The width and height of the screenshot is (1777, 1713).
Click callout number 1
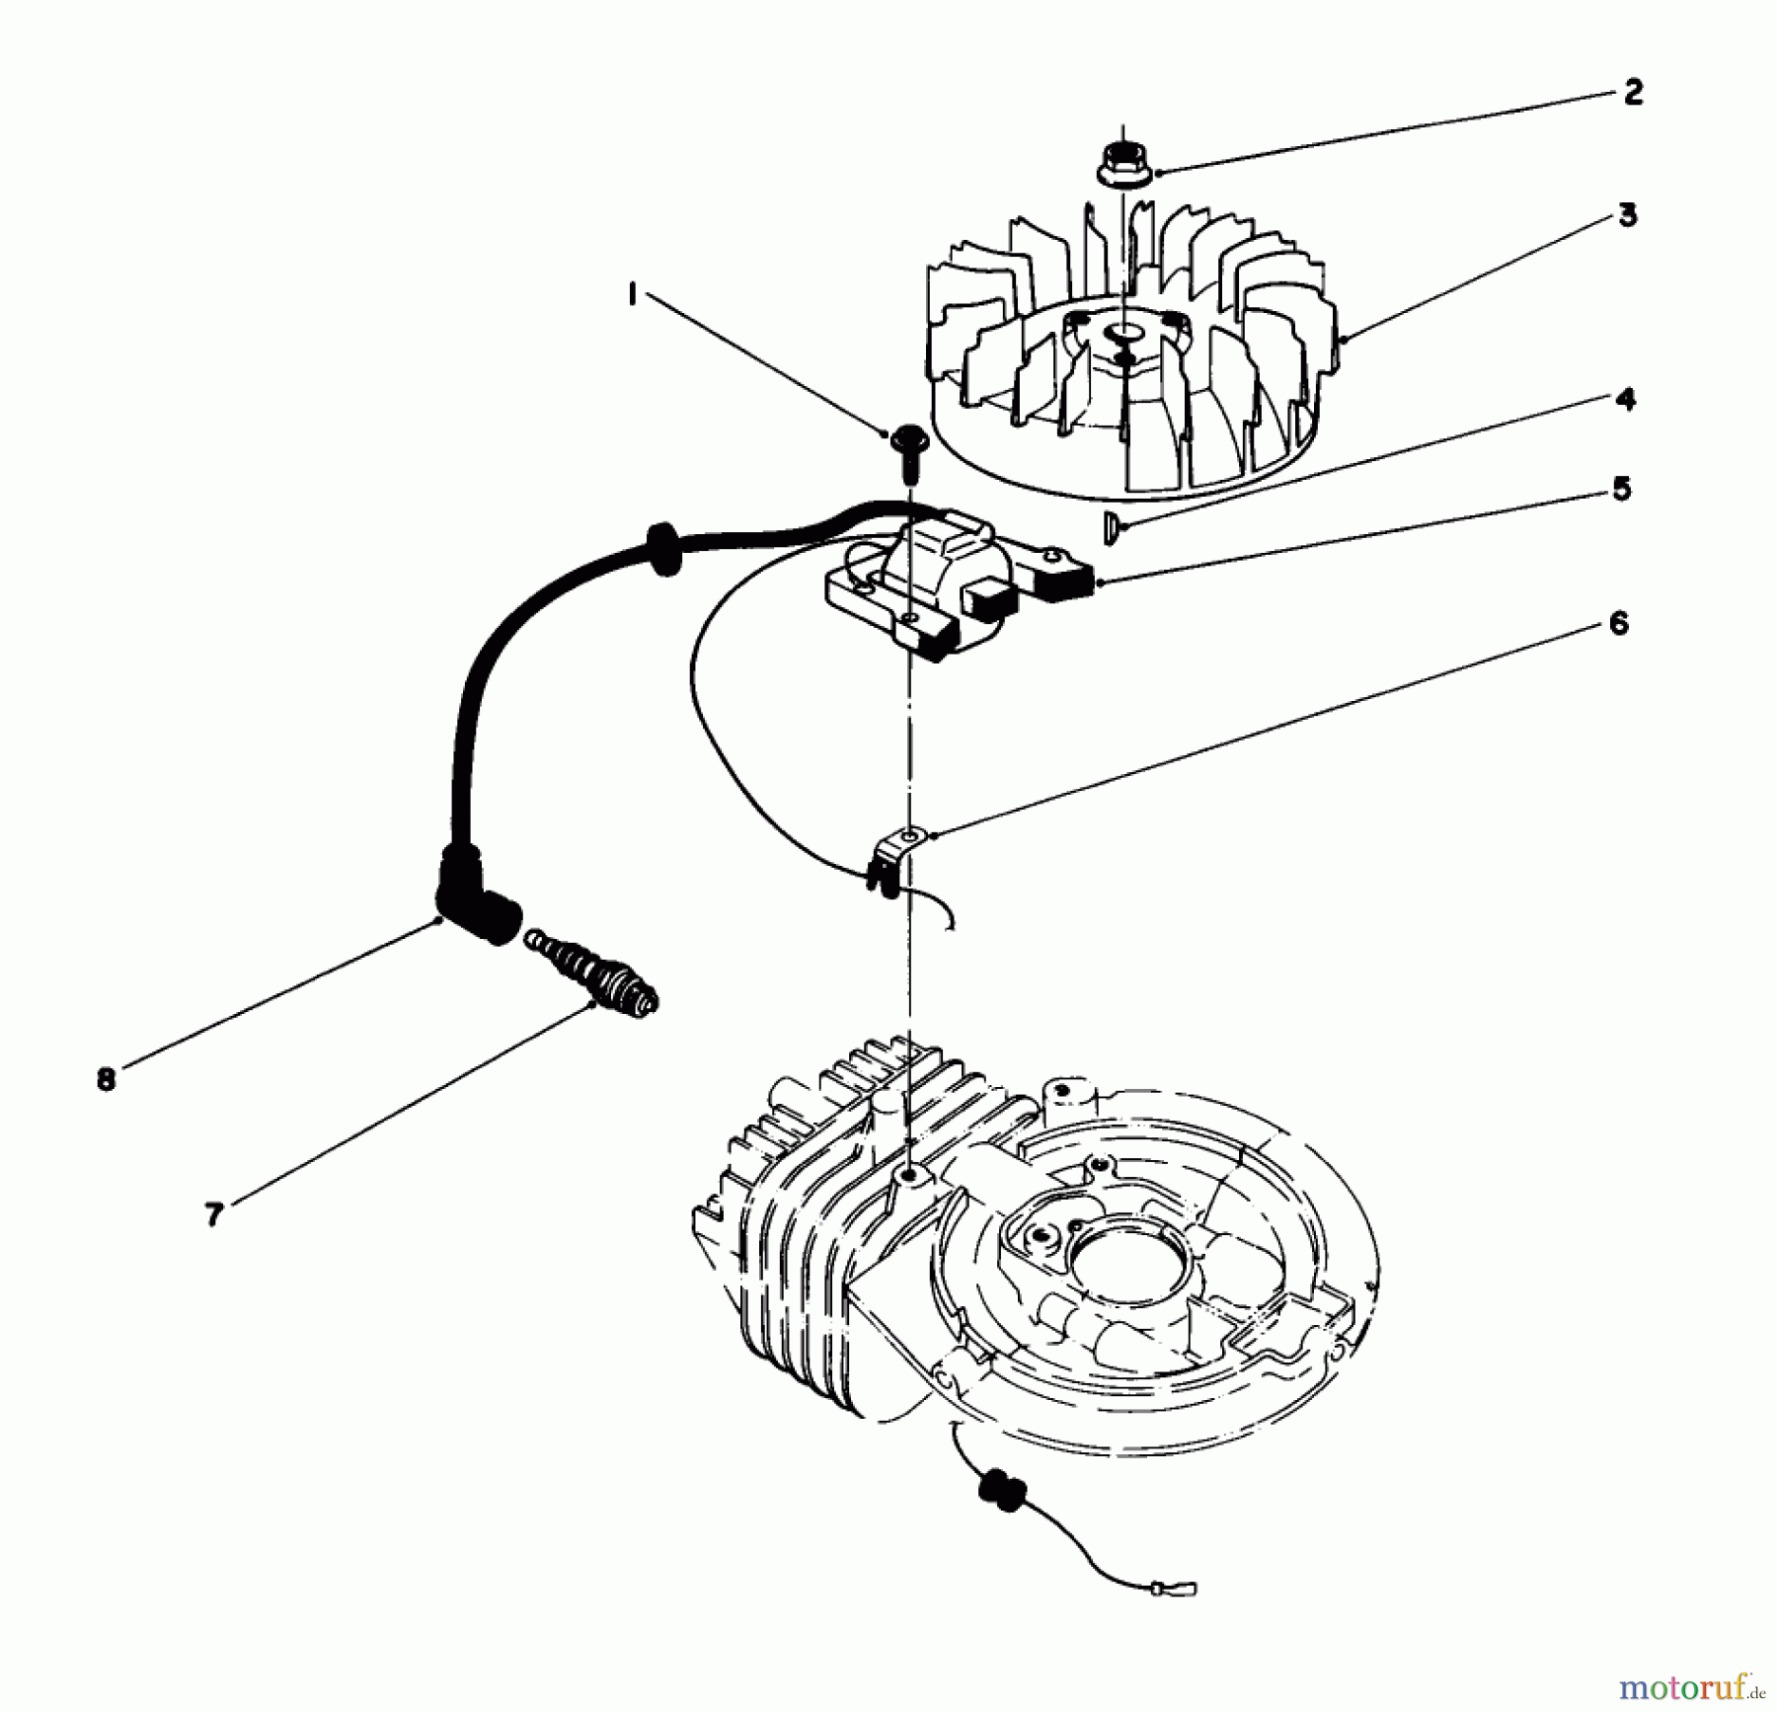(x=633, y=293)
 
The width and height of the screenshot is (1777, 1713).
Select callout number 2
(x=1633, y=93)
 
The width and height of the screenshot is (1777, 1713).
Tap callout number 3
(x=1627, y=215)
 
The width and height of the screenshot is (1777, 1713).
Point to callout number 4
(x=1625, y=399)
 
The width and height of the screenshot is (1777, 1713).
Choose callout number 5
(x=1622, y=489)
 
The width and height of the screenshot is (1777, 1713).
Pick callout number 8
(x=107, y=1079)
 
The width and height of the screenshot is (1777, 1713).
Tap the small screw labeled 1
(x=907, y=446)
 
